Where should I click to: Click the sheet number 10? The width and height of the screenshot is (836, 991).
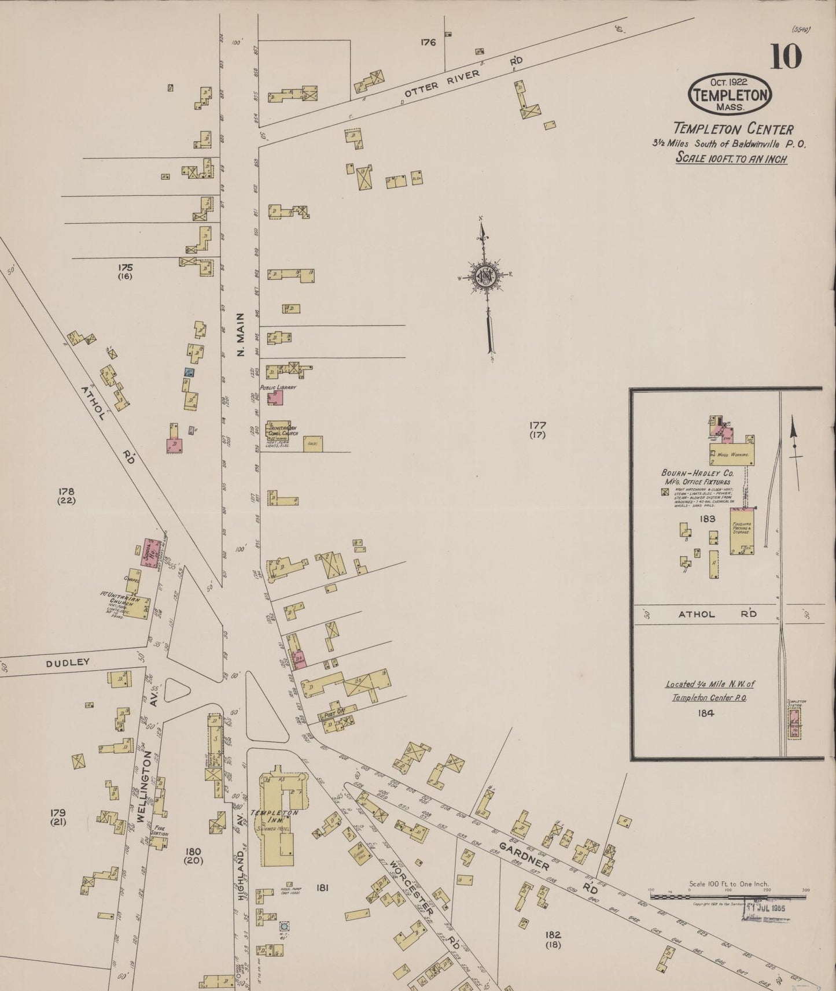coord(785,57)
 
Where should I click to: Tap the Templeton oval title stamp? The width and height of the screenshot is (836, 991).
coord(730,93)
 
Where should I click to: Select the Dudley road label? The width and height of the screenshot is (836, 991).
coord(68,663)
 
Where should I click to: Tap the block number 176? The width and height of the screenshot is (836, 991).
coord(428,42)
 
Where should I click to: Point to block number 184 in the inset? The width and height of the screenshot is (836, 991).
coord(706,713)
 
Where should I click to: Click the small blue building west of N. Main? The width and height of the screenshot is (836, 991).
coord(189,372)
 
